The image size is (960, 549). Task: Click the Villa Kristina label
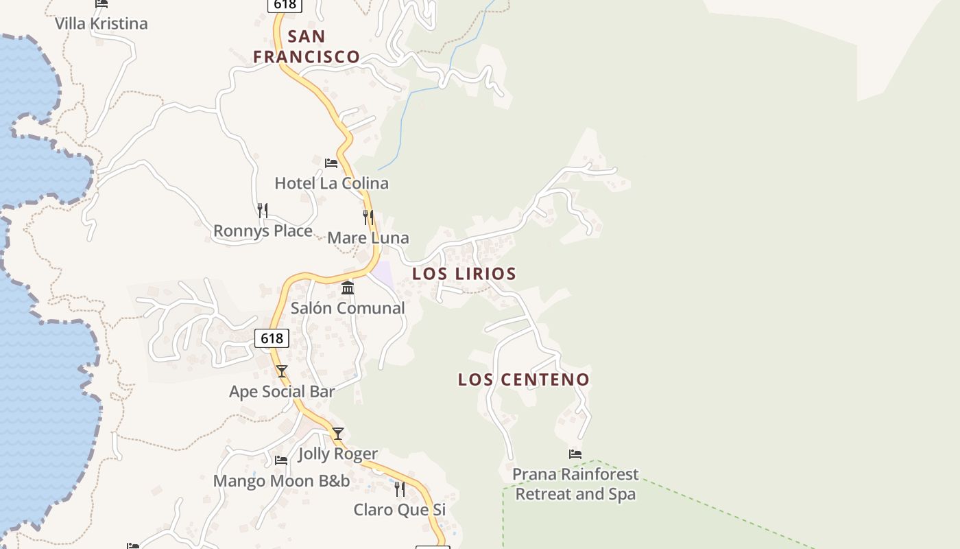point(101,23)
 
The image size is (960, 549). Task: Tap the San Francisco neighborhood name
point(307,47)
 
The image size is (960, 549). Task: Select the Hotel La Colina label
point(331,183)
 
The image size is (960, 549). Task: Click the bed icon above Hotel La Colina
point(331,163)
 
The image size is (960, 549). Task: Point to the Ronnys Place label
point(263,231)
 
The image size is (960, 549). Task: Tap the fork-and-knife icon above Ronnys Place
point(263,210)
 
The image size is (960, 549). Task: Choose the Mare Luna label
point(368,238)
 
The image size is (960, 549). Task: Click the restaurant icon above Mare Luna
point(368,218)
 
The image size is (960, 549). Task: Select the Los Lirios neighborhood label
point(464,274)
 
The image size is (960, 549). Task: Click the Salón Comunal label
point(348,308)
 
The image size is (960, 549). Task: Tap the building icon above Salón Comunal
point(348,288)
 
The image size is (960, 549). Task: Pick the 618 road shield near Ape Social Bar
point(272,338)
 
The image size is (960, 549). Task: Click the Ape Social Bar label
point(282,392)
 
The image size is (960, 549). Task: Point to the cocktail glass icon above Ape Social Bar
point(282,371)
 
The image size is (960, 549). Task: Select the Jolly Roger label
point(338,454)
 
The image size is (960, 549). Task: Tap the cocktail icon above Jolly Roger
point(337,434)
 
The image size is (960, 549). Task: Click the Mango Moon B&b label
point(281,481)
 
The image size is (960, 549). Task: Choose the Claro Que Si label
point(400,510)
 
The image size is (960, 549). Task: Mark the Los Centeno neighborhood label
point(524,379)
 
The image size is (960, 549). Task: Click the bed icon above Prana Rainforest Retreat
point(575,454)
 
